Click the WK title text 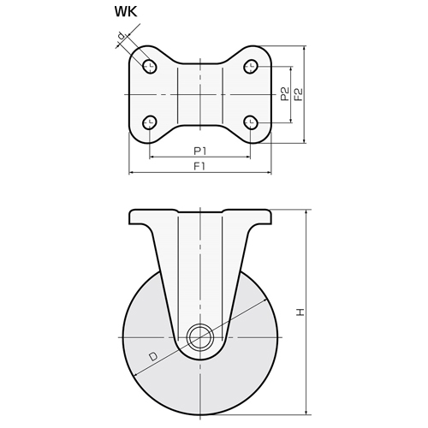pyautogui.click(x=126, y=12)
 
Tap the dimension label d pyautogui.click(x=122, y=36)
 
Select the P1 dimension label pyautogui.click(x=200, y=151)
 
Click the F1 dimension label pyautogui.click(x=199, y=166)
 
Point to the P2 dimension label pyautogui.click(x=285, y=94)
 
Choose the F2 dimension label pyautogui.click(x=299, y=94)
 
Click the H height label pyautogui.click(x=300, y=312)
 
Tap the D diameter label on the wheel pyautogui.click(x=153, y=357)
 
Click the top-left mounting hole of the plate pyautogui.click(x=150, y=67)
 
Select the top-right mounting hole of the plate pyautogui.click(x=251, y=67)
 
